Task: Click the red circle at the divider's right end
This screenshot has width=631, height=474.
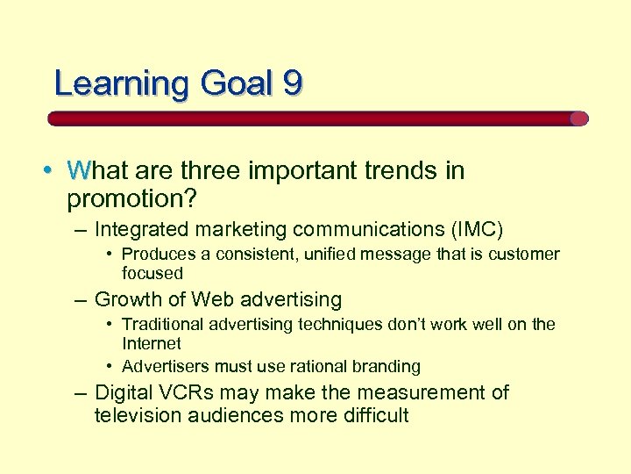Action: click(578, 118)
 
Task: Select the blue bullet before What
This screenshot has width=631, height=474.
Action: click(54, 170)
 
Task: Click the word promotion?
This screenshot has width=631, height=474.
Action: click(133, 198)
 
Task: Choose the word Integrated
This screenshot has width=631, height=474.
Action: click(141, 230)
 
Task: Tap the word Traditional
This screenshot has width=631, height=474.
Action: click(163, 325)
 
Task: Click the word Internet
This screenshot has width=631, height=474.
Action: click(152, 343)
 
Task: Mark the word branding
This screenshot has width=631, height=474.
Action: click(385, 366)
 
